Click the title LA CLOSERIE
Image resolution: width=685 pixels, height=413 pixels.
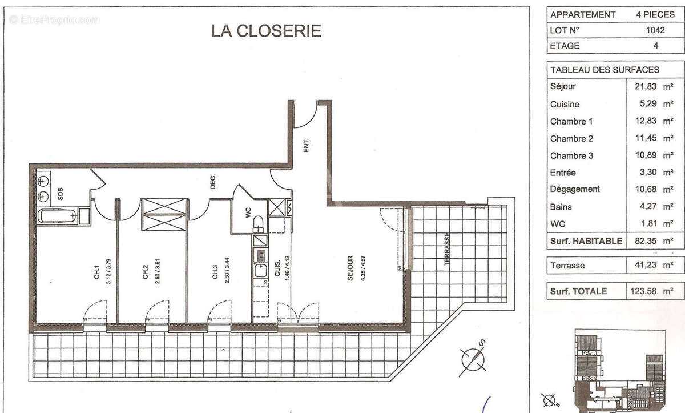click(x=266, y=30)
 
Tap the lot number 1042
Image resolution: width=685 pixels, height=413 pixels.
click(x=655, y=30)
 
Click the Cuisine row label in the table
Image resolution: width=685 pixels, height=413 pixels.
click(x=565, y=105)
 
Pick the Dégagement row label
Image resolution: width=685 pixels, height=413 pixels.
click(x=575, y=189)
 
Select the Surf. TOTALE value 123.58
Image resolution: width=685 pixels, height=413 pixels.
click(x=646, y=291)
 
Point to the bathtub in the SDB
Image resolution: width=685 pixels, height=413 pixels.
click(x=57, y=216)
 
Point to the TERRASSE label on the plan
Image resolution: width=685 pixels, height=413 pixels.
click(x=448, y=250)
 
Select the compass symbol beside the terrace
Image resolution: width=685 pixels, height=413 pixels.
click(x=473, y=358)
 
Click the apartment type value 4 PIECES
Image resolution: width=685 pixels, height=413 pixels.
click(x=655, y=15)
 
